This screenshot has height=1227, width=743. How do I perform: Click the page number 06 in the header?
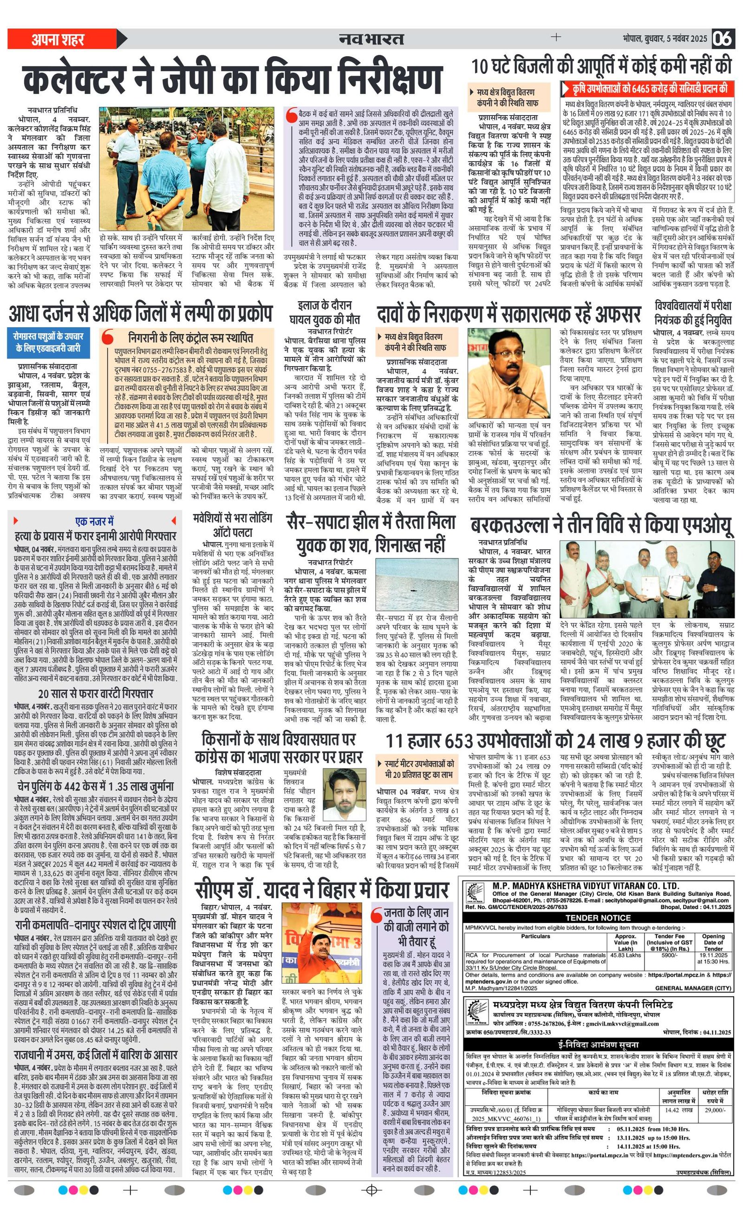tap(723, 39)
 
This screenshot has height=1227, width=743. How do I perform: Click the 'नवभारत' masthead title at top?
tap(371, 39)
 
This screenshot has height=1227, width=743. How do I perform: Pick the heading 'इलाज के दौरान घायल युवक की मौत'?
tap(325, 312)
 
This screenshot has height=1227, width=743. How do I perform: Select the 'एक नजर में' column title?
tap(95, 521)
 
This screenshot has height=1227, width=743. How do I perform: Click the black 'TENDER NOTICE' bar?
tap(598, 918)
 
